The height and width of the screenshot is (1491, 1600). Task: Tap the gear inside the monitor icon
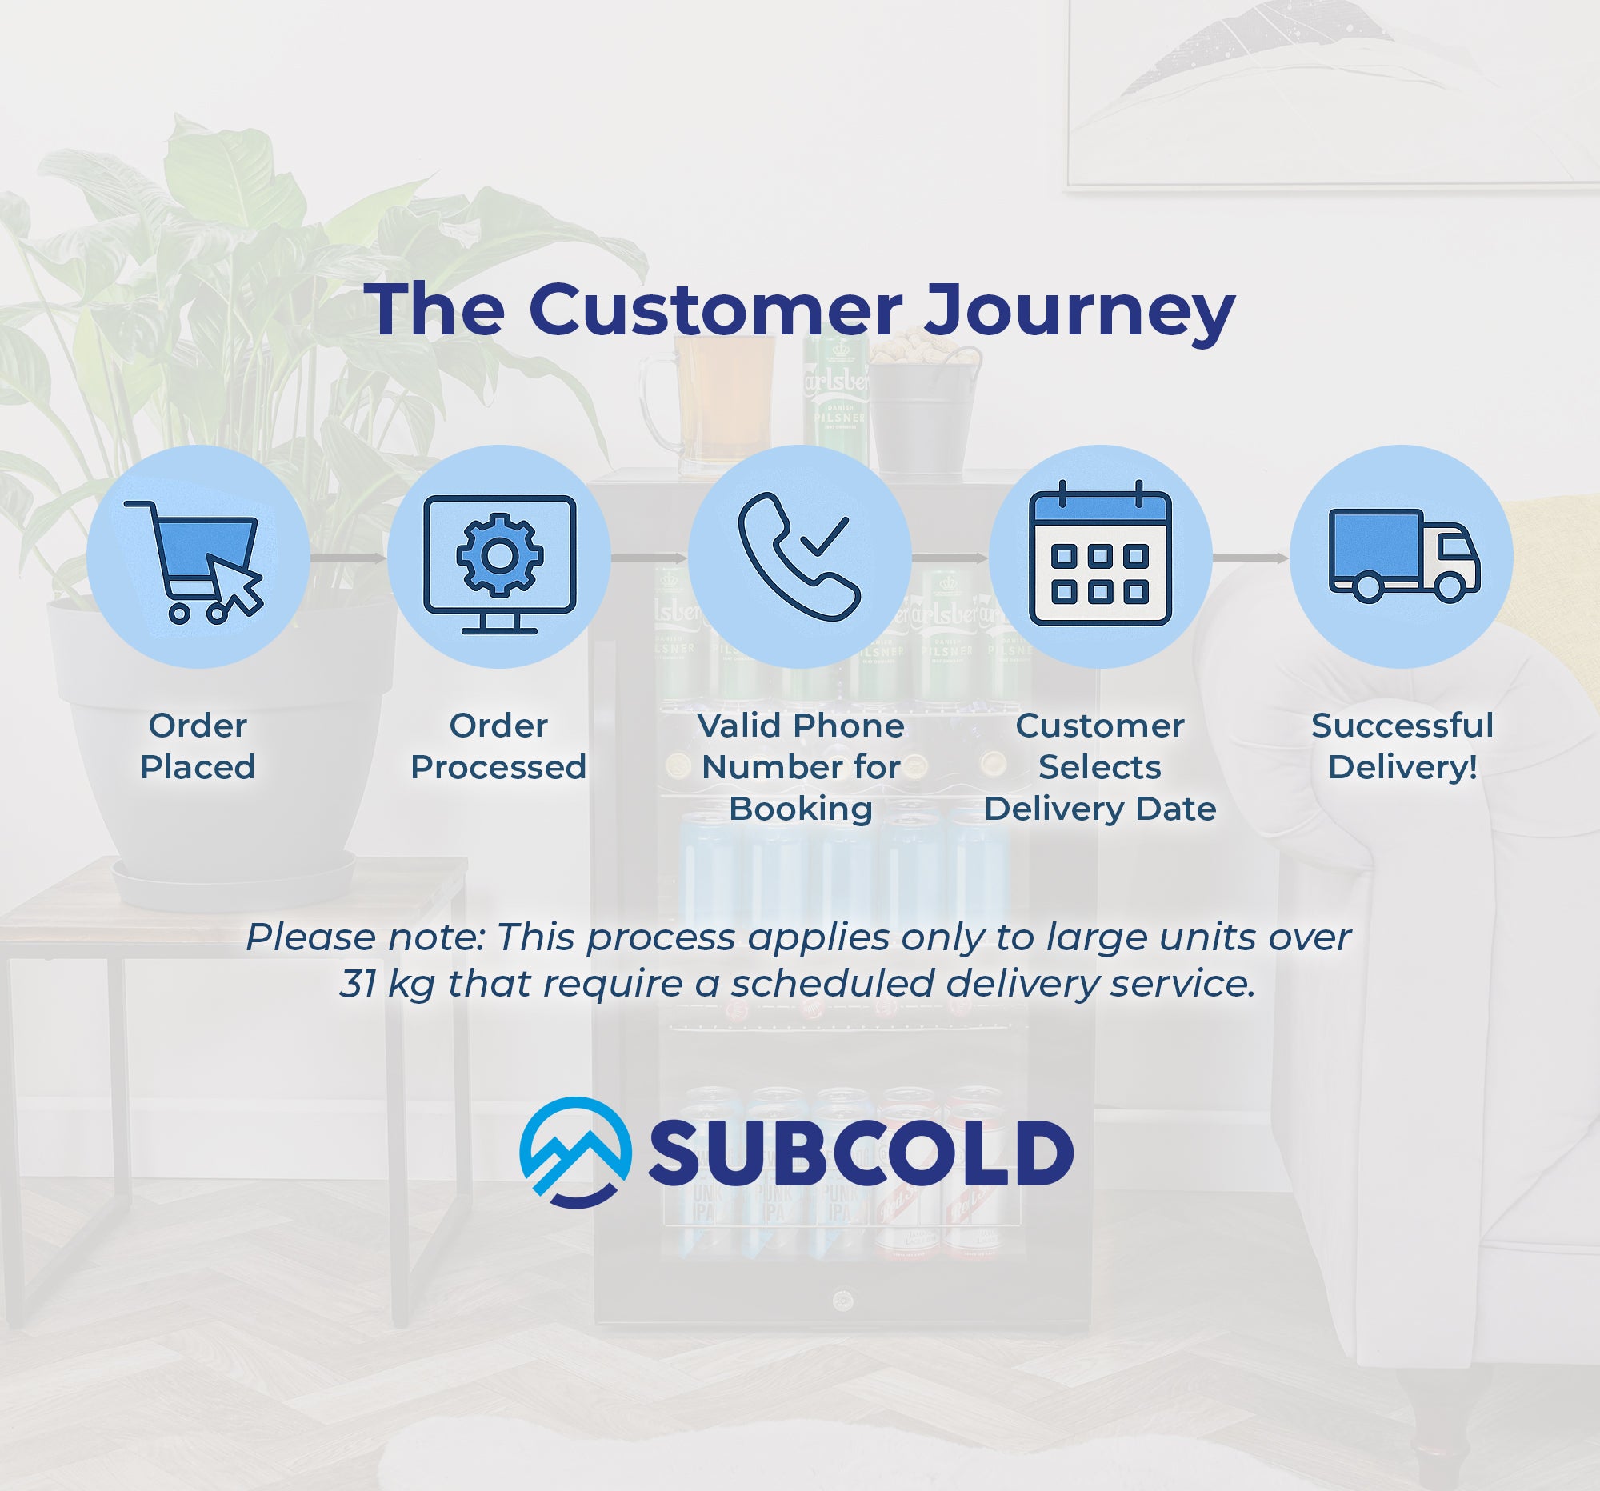[500, 555]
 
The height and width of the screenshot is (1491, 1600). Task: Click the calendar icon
[1100, 556]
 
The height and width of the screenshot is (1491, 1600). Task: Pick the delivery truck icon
[1403, 556]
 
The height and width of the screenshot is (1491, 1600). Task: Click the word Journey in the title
[1078, 310]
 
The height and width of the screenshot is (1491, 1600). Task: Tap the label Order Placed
[198, 746]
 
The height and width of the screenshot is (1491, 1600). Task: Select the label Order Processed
[498, 746]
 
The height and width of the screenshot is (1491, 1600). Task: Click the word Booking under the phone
[800, 809]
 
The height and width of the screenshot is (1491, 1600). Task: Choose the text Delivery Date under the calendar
[1100, 809]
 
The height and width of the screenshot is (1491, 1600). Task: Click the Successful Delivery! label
[1402, 746]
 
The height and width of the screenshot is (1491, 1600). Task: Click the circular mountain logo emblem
[574, 1153]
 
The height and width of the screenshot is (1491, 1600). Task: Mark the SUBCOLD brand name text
[860, 1153]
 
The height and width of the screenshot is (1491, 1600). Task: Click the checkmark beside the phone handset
[825, 536]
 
